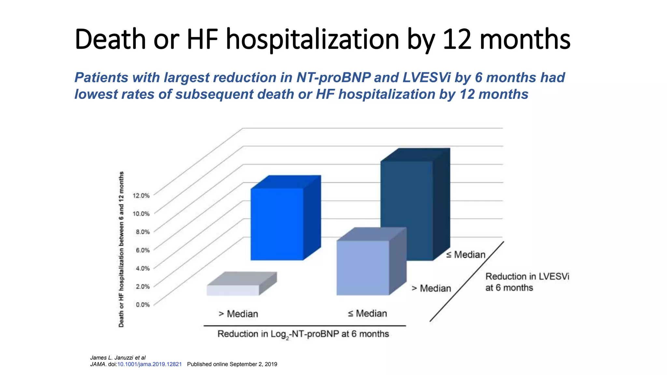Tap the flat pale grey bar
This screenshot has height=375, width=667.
(x=233, y=290)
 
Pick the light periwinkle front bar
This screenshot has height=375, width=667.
(x=362, y=268)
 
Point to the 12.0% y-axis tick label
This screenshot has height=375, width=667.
(x=141, y=196)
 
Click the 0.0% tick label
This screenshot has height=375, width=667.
(x=143, y=305)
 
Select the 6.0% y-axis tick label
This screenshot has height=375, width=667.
(x=143, y=250)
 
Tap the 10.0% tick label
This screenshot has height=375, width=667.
(x=141, y=214)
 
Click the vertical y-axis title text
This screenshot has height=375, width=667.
(x=121, y=249)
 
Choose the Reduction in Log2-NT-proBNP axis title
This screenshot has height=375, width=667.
(x=303, y=334)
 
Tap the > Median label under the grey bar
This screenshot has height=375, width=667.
(x=238, y=314)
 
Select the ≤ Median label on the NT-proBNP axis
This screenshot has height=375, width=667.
(x=367, y=313)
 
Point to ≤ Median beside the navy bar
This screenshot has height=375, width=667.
(x=466, y=255)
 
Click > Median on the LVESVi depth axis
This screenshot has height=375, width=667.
(x=432, y=288)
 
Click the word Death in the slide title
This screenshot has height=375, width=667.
(x=110, y=39)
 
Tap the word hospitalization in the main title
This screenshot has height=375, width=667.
(x=313, y=39)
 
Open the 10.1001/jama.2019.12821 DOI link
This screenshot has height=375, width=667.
(x=149, y=364)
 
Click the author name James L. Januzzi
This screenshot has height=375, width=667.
(x=112, y=358)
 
